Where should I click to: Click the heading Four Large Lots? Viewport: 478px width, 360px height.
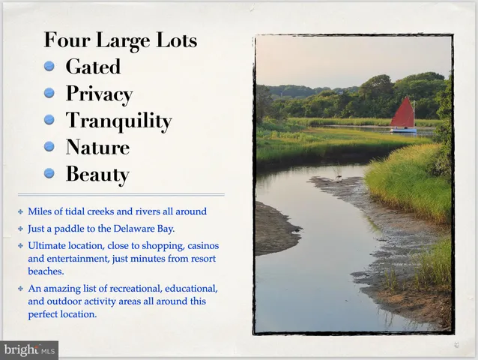(120, 40)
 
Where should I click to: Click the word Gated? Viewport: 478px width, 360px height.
(93, 67)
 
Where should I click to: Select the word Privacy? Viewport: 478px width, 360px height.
(99, 94)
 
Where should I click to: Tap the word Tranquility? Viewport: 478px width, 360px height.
(118, 121)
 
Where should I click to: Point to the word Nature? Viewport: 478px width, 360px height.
(97, 148)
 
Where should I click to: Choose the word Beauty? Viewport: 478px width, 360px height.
(97, 175)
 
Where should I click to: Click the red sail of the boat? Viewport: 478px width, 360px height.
(403, 114)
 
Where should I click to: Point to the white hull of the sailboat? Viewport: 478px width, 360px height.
(403, 130)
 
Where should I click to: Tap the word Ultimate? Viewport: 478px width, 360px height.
(47, 245)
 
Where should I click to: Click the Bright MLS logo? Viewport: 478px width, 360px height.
(29, 349)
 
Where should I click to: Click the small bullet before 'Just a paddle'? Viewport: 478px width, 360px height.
(21, 228)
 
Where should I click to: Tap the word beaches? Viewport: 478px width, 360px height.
(45, 271)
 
